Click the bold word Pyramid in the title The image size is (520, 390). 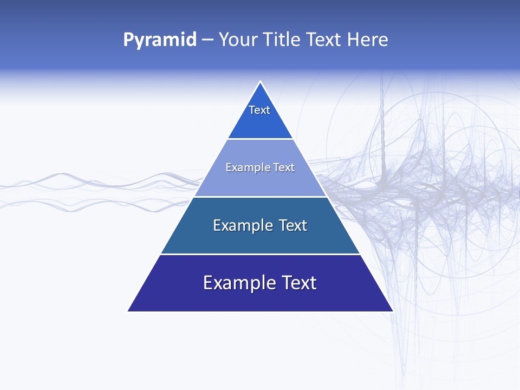160,40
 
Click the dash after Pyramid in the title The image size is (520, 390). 207,40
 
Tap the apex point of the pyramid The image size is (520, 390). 261,82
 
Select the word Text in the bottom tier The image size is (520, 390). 296,283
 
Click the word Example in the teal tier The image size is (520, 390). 241,225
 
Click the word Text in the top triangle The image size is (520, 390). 259,110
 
